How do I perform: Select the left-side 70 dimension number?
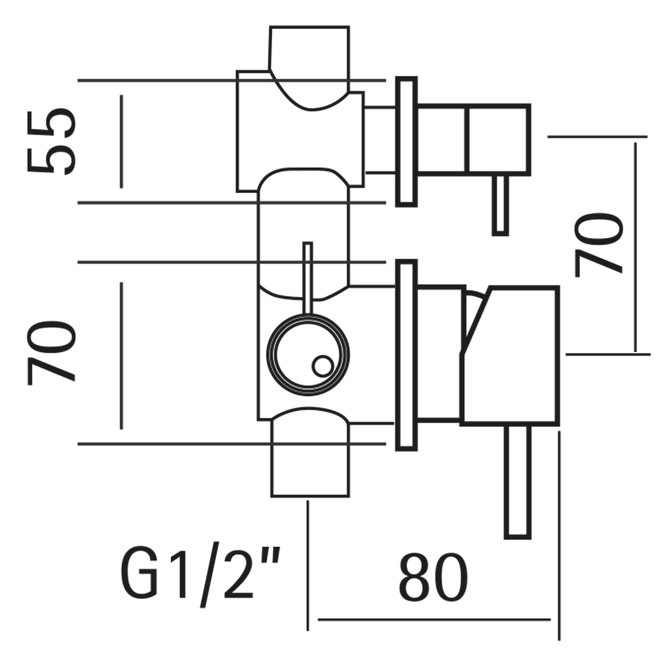pos(52,351)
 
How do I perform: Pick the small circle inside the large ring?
pos(322,365)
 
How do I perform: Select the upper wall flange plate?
pos(406,141)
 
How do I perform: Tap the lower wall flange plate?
pos(406,356)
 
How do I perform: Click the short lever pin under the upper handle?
pos(501,205)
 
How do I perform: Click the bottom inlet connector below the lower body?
pos(310,464)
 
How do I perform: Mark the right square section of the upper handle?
pos(499,140)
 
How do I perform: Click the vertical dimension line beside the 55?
pos(121,141)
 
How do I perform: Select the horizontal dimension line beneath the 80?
pos(434,620)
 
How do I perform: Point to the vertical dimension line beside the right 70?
pos(635,245)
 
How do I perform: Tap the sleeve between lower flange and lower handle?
pos(439,355)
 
